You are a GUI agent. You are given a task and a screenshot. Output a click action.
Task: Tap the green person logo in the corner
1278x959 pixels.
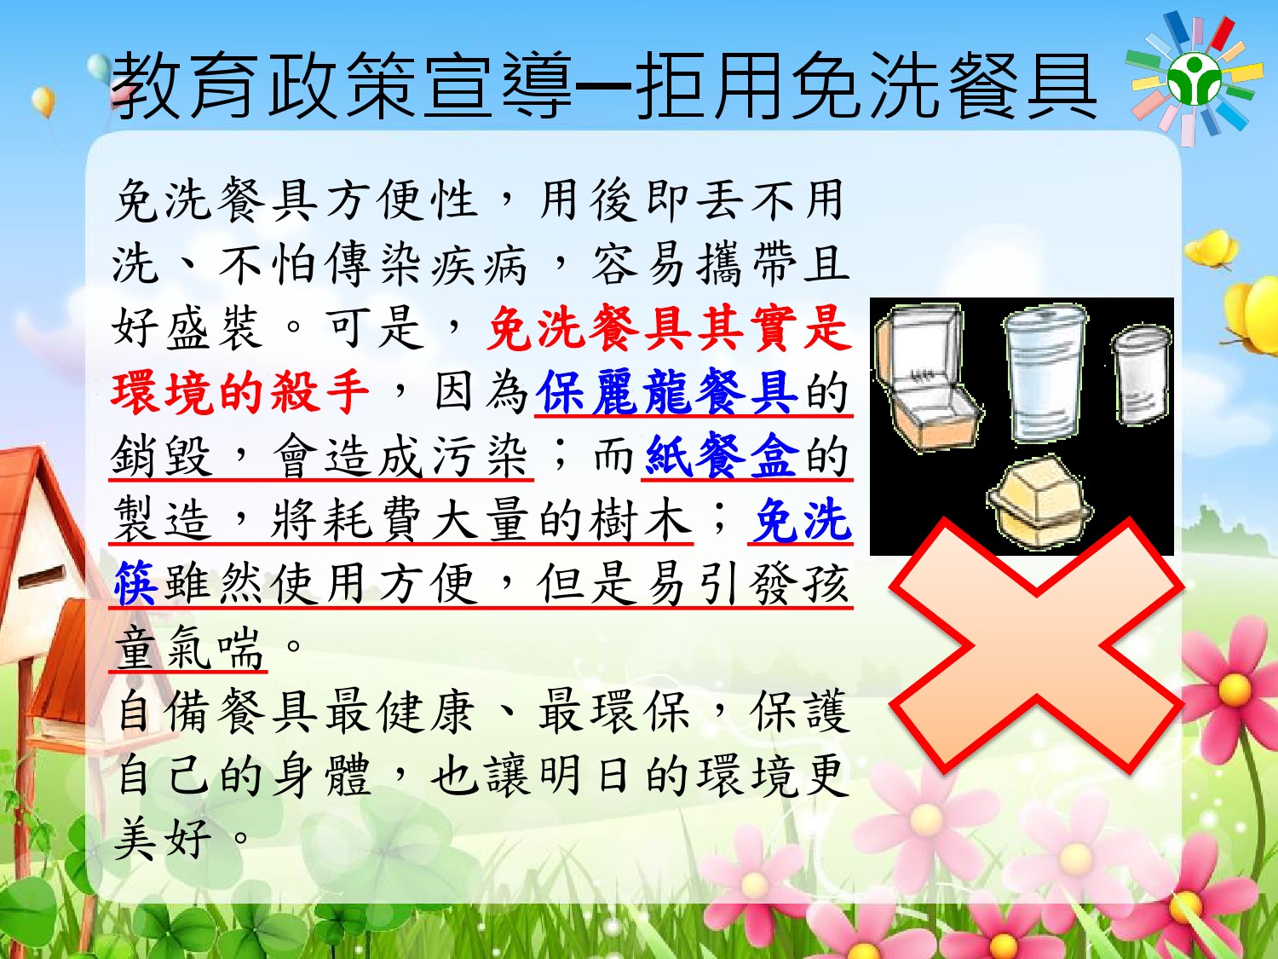pyautogui.click(x=1194, y=79)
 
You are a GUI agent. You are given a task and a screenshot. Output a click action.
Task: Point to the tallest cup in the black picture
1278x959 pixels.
pyautogui.click(x=1045, y=373)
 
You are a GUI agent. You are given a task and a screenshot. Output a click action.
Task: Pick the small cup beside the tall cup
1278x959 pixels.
pyautogui.click(x=1141, y=376)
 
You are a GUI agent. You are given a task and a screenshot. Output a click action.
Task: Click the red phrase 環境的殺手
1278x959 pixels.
pyautogui.click(x=240, y=391)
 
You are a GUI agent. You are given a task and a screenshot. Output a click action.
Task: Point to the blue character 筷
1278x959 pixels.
pyautogui.click(x=135, y=583)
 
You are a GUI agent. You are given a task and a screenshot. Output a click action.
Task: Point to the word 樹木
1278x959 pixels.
pyautogui.click(x=641, y=519)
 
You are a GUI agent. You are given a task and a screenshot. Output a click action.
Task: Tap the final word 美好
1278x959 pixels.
pyautogui.click(x=163, y=840)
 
